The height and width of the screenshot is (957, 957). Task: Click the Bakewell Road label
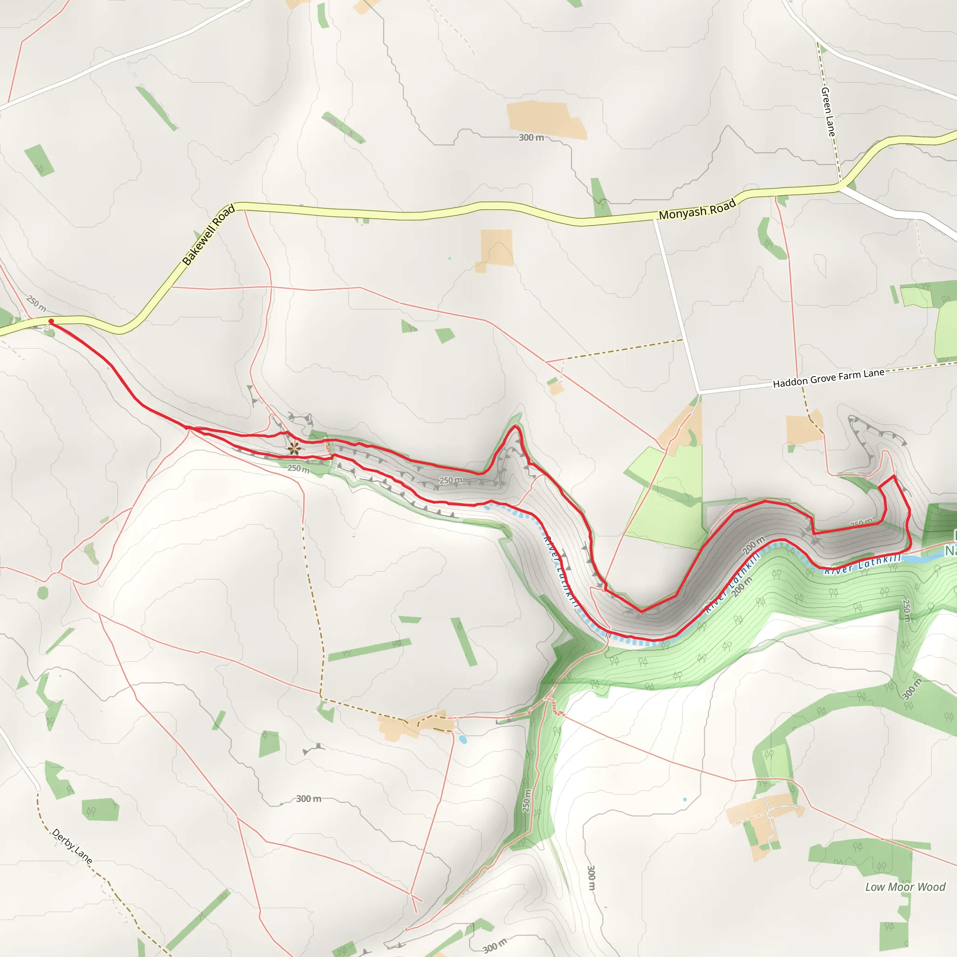208,236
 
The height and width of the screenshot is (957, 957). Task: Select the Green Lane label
828,112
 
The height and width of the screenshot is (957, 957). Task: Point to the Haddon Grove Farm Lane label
828,379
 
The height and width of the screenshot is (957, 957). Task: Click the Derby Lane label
72,846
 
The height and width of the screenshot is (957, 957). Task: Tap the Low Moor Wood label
905,886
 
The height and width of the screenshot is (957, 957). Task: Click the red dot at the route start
51,321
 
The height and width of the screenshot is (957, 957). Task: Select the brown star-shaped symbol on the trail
294,449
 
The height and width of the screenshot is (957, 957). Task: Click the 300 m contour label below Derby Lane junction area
308,799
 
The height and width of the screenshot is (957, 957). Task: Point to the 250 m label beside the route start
36,303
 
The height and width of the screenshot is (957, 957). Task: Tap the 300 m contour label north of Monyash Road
531,137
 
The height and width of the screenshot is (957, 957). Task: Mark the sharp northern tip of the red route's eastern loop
894,476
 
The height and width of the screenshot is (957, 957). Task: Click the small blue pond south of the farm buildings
463,740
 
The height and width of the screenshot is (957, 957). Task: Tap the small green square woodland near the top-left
39,159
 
